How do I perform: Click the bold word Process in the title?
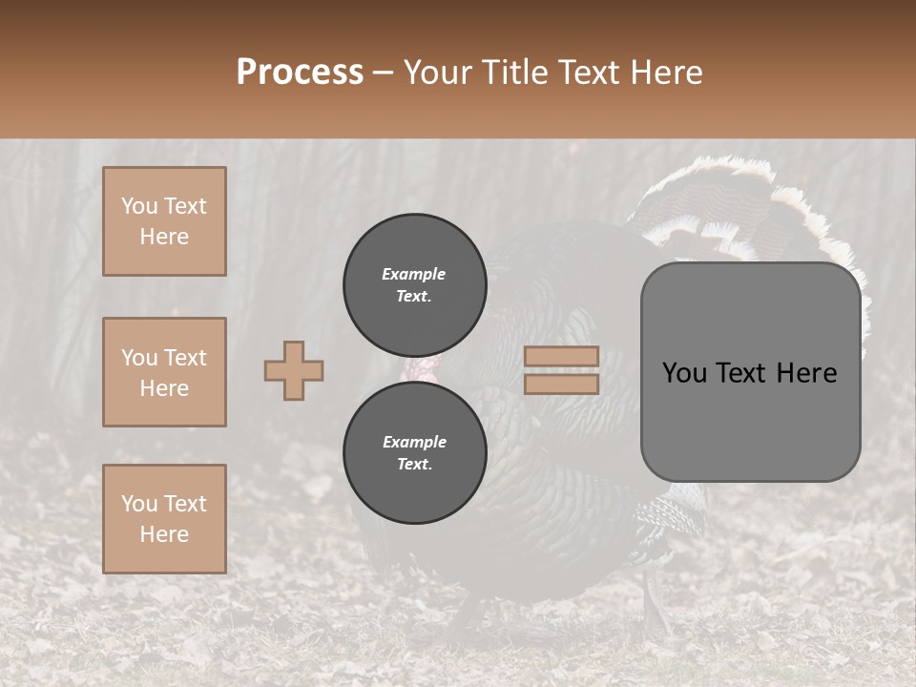click(x=300, y=73)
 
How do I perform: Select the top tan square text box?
click(x=164, y=221)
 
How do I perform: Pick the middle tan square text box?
click(x=164, y=372)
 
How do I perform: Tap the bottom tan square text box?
click(x=164, y=519)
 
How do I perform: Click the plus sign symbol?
click(x=294, y=370)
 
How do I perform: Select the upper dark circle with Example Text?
click(x=414, y=285)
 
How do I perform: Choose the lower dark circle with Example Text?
click(x=414, y=453)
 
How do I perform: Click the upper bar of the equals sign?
click(x=561, y=357)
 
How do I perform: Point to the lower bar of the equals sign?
click(x=561, y=384)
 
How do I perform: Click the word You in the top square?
click(x=139, y=206)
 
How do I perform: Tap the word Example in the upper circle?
click(x=414, y=274)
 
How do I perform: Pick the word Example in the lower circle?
click(x=414, y=442)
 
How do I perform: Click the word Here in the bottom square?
click(x=164, y=534)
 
